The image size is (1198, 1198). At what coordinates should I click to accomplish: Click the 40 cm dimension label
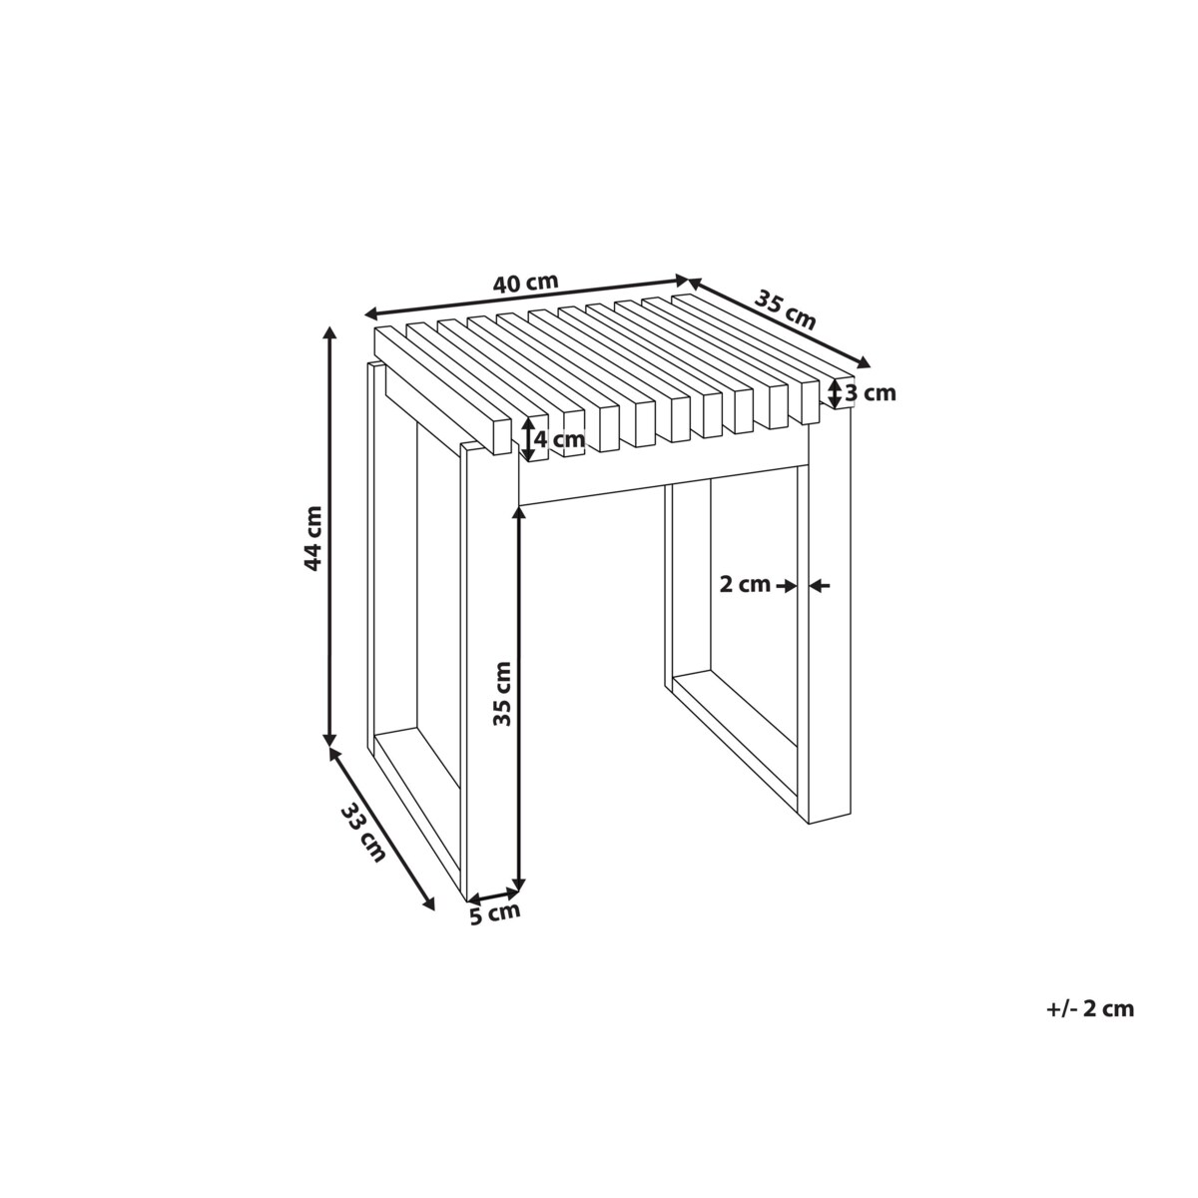[x=525, y=283]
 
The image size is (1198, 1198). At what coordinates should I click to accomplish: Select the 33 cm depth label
[x=363, y=833]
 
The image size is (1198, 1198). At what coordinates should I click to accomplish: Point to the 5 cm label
[x=495, y=934]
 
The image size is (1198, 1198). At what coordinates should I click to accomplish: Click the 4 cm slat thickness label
[x=559, y=439]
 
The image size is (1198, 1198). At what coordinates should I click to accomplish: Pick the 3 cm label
[x=871, y=393]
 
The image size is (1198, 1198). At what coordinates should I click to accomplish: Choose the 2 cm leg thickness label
[x=745, y=585]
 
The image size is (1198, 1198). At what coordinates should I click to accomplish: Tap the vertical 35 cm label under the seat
[x=502, y=694]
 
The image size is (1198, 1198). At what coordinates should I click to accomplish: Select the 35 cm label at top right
[x=784, y=310]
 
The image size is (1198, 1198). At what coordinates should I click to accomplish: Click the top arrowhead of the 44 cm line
[x=330, y=332]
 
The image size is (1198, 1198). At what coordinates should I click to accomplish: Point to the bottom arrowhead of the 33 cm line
[x=428, y=921]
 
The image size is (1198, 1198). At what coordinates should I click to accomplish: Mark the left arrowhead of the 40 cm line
[x=371, y=313]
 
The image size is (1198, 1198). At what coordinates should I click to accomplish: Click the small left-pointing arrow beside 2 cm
[x=820, y=585]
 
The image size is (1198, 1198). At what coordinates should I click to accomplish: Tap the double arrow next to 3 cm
[x=835, y=393]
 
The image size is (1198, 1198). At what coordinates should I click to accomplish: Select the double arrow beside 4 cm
[x=527, y=439]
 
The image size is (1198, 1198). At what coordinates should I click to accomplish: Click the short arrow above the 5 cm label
[x=493, y=912]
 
